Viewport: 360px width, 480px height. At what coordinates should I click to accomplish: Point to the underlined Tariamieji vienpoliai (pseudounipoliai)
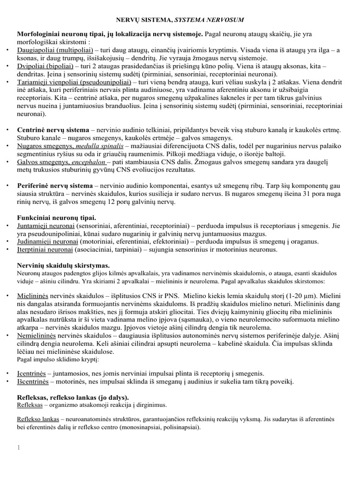68,82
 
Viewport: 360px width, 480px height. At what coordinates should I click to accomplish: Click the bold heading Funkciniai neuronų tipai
57,217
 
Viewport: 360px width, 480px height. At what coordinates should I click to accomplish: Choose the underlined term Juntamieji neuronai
45,225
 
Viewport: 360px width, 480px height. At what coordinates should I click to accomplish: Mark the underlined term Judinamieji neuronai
47,241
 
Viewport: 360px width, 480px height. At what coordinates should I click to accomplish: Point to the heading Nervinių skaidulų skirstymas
63,265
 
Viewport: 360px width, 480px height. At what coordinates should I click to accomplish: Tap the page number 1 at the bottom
19,449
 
